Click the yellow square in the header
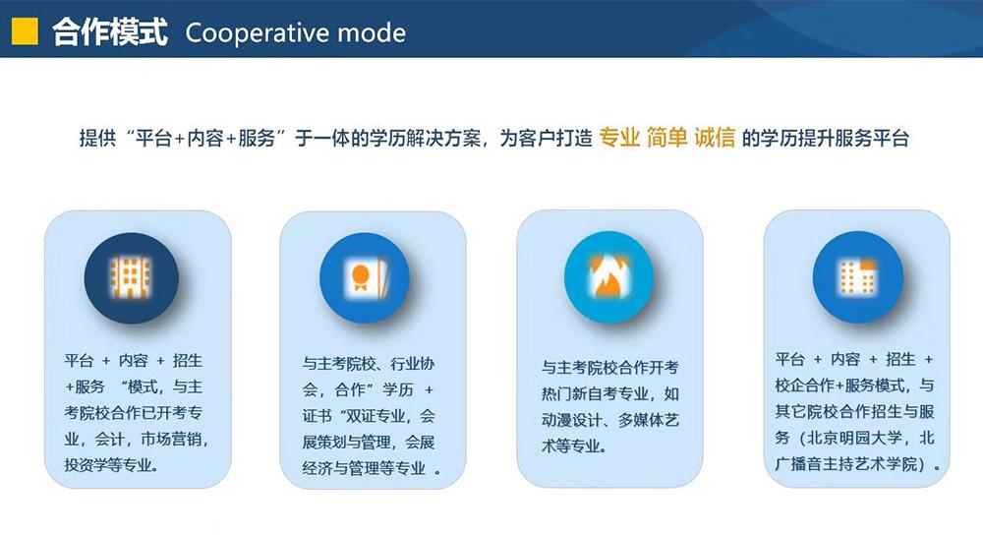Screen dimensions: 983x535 (x=26, y=31)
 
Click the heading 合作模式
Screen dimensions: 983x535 (x=110, y=32)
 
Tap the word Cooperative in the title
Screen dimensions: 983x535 (x=257, y=33)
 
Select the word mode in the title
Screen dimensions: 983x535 (x=372, y=33)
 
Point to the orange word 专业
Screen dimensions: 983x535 (x=619, y=138)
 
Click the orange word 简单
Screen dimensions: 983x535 (x=667, y=138)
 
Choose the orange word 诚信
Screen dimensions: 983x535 (x=715, y=138)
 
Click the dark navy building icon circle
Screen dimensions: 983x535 (x=131, y=278)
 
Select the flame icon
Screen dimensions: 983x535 (x=608, y=277)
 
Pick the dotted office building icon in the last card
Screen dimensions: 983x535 (x=857, y=277)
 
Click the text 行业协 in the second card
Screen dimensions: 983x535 (x=412, y=364)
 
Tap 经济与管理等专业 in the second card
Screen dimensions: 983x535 (x=365, y=468)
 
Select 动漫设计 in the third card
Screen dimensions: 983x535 (x=572, y=420)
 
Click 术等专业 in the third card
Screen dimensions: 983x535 (x=571, y=446)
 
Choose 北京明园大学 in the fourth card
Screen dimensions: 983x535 (x=855, y=438)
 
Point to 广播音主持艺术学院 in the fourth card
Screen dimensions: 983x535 (x=846, y=464)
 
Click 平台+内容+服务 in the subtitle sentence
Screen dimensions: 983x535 (x=205, y=138)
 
